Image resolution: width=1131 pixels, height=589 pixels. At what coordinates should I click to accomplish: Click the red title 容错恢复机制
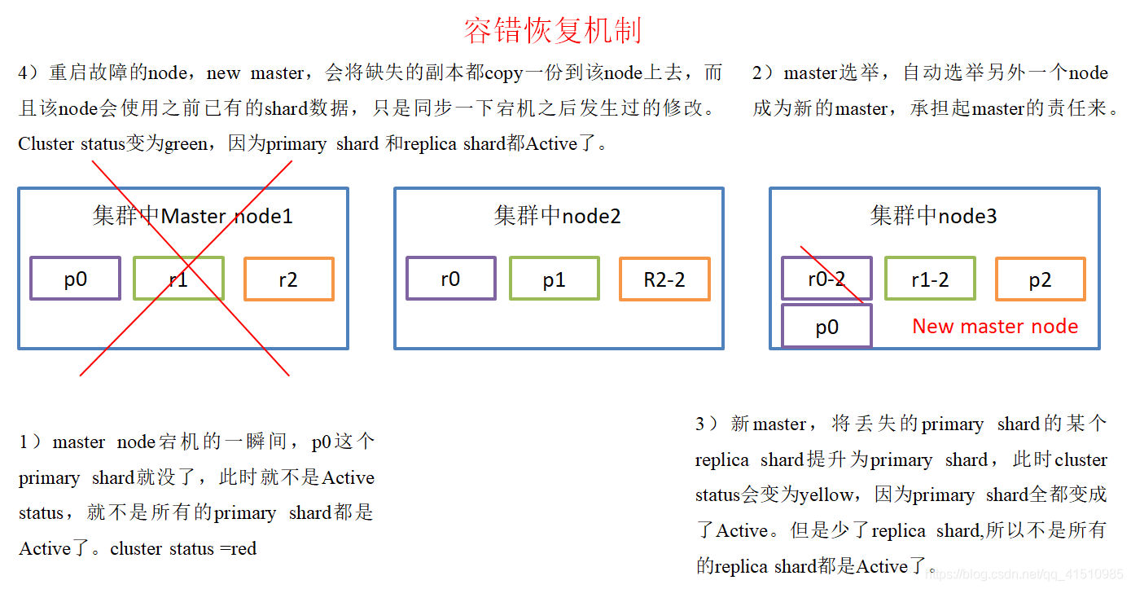[553, 30]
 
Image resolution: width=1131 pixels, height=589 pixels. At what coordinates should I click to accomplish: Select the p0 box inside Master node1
[75, 279]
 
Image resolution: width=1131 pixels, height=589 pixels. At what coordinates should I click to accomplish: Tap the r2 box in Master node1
[288, 279]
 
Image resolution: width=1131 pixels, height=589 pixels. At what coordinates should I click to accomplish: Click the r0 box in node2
[450, 279]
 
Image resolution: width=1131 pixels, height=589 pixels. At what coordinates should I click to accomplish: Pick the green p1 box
[554, 279]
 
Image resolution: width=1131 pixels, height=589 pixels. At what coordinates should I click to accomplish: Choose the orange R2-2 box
[664, 279]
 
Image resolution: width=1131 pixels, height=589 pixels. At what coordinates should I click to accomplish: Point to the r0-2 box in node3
[826, 279]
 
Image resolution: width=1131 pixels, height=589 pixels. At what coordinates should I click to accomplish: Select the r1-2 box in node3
[929, 279]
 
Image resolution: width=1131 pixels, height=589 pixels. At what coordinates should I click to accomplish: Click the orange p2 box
[1039, 279]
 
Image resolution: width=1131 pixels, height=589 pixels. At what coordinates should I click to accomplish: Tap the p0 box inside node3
[826, 326]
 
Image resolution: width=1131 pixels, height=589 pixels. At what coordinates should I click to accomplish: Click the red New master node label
[994, 326]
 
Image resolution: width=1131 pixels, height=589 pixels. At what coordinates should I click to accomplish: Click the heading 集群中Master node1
[192, 215]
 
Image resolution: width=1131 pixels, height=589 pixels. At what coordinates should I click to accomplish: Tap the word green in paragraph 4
[186, 144]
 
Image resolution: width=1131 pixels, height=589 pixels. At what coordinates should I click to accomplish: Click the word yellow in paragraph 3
[826, 494]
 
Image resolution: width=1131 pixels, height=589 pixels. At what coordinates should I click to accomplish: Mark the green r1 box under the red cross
[178, 279]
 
